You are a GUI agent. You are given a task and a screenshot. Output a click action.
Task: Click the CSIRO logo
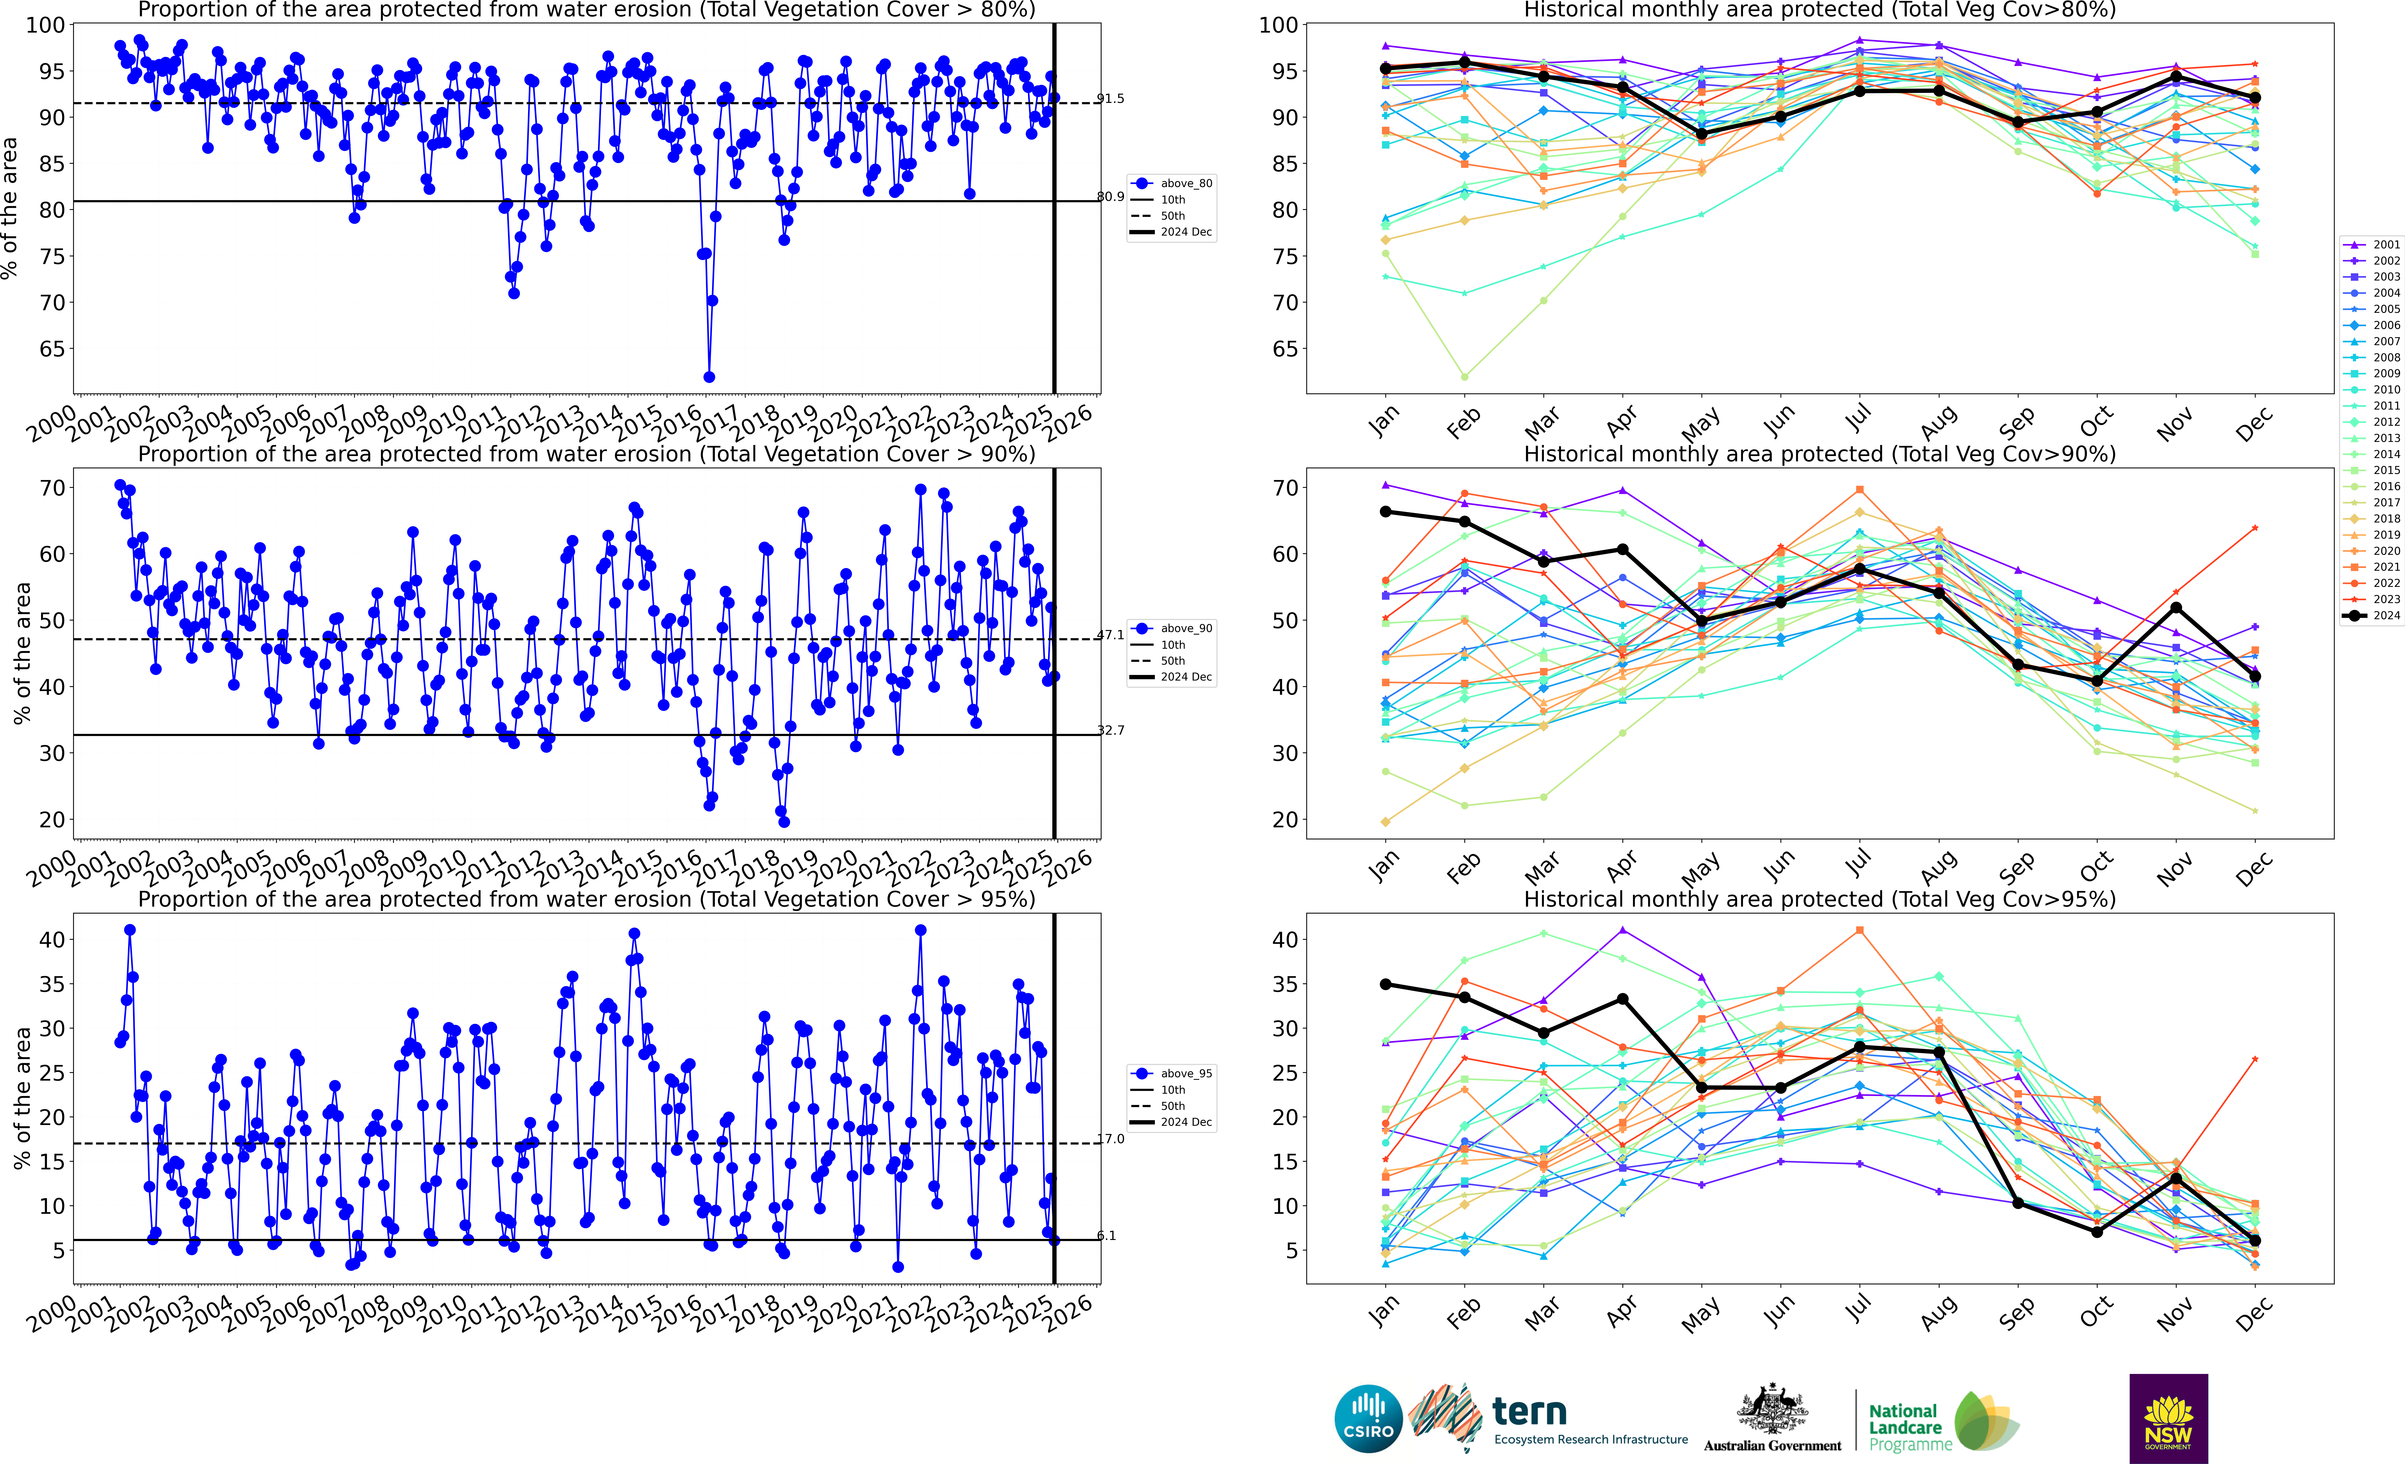pos(1368,1418)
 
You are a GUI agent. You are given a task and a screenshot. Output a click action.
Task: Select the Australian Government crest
pos(1771,1410)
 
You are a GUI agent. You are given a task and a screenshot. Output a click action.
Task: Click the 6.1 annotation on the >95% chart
pos(1106,1236)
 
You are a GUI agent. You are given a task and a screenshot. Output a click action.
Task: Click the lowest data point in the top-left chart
pos(709,377)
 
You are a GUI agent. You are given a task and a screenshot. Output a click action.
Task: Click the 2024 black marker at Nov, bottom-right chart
pos(2176,1179)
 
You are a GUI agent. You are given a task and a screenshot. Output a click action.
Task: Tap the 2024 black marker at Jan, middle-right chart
pos(1385,511)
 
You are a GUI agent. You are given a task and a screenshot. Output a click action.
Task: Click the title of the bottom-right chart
pos(1819,899)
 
